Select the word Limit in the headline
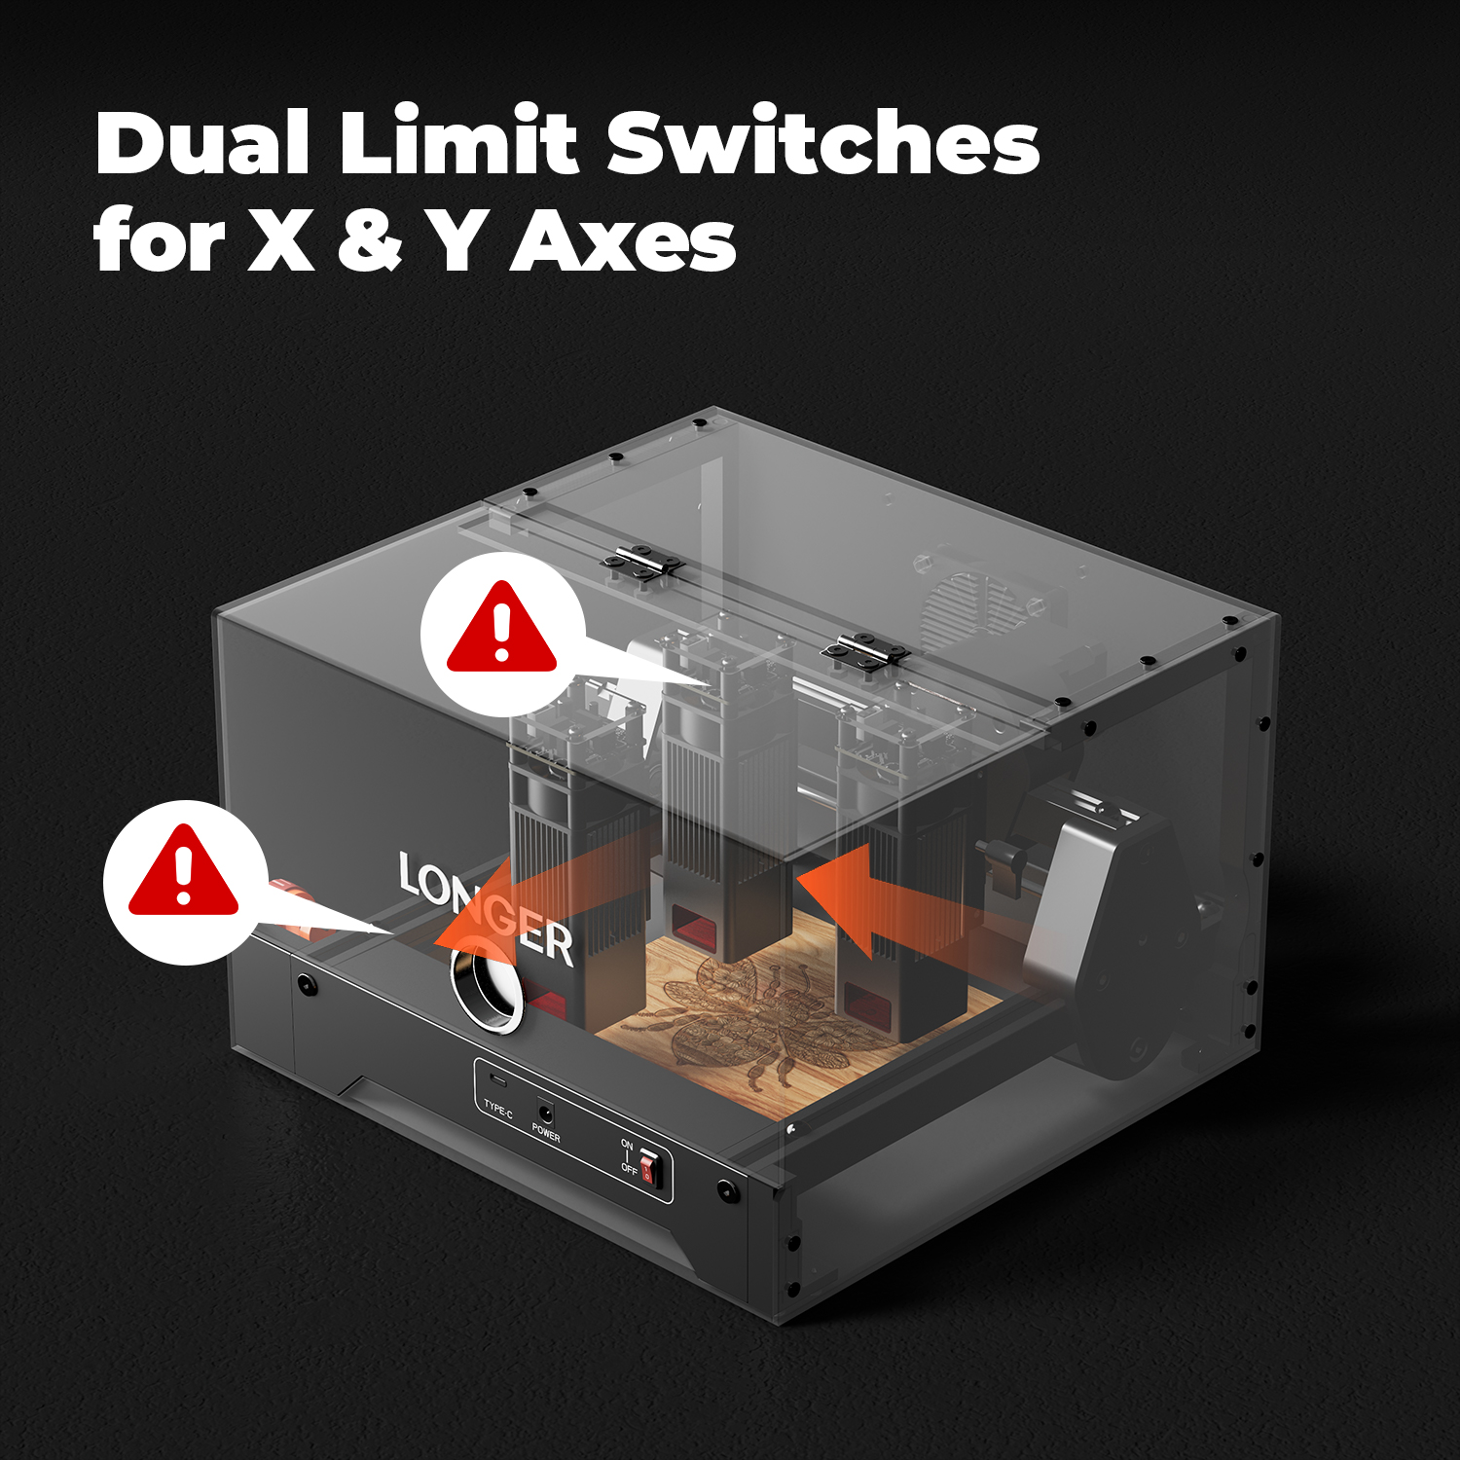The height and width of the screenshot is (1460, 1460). (x=458, y=141)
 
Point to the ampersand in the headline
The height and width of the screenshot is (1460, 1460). (x=370, y=240)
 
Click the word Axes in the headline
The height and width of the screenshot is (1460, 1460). (x=623, y=240)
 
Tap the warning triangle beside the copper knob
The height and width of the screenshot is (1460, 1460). (x=184, y=870)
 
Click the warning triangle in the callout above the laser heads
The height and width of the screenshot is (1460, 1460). (x=501, y=626)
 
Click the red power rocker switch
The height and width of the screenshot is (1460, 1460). (x=650, y=1167)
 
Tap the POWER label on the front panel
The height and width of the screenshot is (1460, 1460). (x=546, y=1132)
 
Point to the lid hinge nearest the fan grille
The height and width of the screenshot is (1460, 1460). (x=864, y=649)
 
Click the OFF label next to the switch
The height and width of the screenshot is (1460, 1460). (x=629, y=1169)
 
